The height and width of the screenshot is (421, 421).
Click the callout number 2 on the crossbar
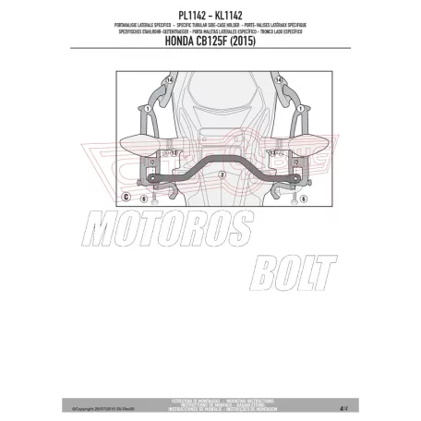point(221,173)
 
